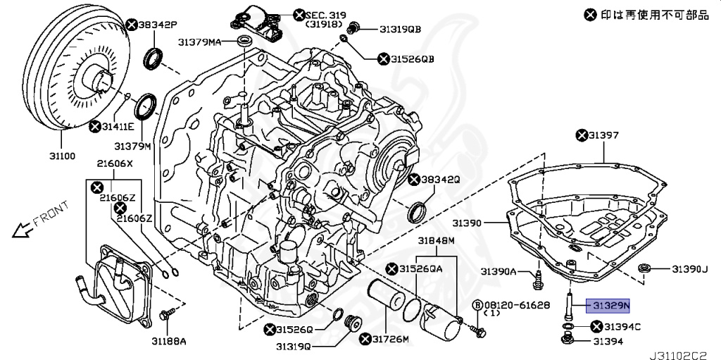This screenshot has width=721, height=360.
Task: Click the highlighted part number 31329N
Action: point(610,305)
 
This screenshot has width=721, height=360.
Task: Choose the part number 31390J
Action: point(688,269)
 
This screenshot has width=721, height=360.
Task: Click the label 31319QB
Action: point(400,29)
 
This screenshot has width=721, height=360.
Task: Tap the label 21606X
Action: point(115,164)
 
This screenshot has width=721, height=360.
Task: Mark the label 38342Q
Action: point(441,180)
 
